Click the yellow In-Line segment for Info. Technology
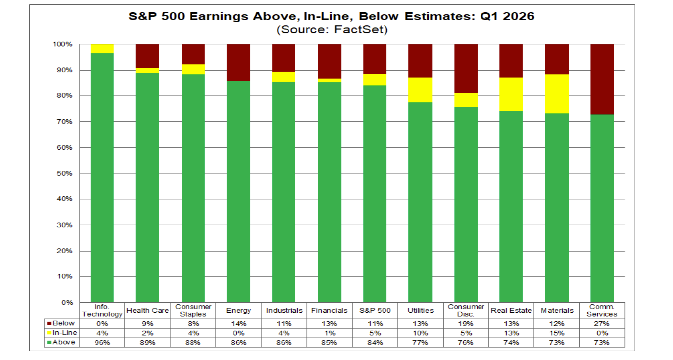pyautogui.click(x=102, y=49)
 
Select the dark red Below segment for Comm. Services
pyautogui.click(x=602, y=79)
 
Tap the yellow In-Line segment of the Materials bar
pyautogui.click(x=557, y=93)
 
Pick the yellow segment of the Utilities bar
pyautogui.click(x=420, y=90)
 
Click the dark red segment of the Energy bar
pyautogui.click(x=239, y=63)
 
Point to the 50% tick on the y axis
pyautogui.click(x=65, y=173)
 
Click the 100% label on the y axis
pyautogui.click(x=63, y=44)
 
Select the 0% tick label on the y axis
pyautogui.click(x=67, y=303)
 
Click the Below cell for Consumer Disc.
pyautogui.click(x=466, y=324)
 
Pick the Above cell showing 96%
pyautogui.click(x=102, y=343)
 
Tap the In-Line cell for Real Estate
pyautogui.click(x=511, y=333)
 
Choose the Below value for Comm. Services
pyautogui.click(x=602, y=324)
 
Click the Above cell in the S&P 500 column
pyautogui.click(x=375, y=343)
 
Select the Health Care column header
pyautogui.click(x=148, y=310)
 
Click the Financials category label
pyautogui.click(x=329, y=310)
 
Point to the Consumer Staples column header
pyautogui.click(x=193, y=310)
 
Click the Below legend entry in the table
pyautogui.click(x=61, y=323)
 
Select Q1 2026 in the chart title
pyautogui.click(x=507, y=16)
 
